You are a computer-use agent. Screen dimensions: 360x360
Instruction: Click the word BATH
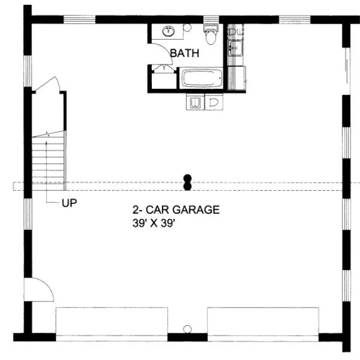184,53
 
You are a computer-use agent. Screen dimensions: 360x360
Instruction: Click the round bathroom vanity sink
169,31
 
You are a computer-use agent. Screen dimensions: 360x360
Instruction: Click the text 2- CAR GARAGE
176,210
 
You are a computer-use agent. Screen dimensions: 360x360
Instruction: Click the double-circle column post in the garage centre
188,182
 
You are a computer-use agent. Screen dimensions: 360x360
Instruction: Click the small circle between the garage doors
188,329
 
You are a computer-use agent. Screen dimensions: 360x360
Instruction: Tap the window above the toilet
211,20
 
